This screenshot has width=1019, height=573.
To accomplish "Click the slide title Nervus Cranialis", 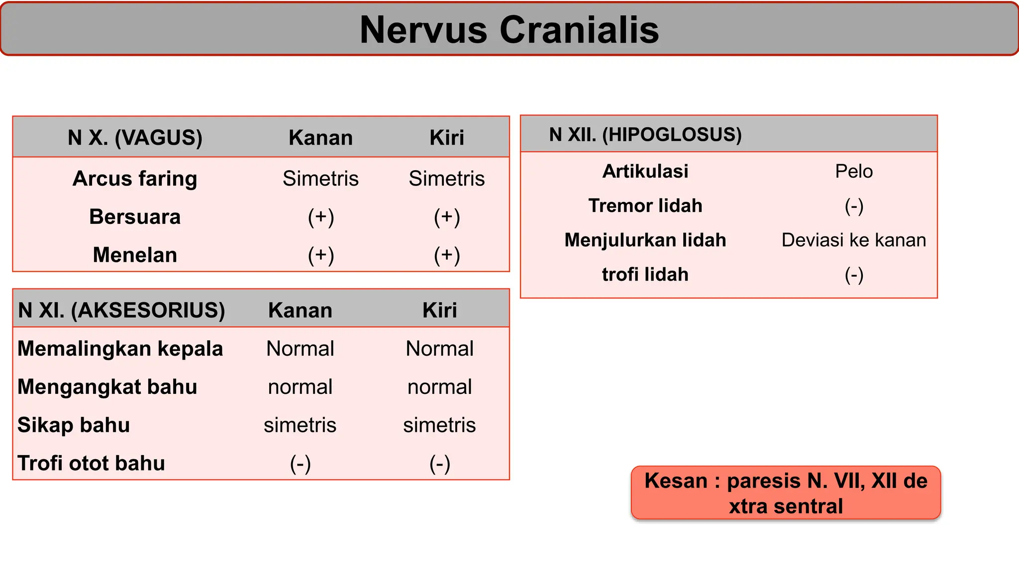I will pyautogui.click(x=509, y=30).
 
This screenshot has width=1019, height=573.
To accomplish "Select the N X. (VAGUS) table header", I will pyautogui.click(x=135, y=137).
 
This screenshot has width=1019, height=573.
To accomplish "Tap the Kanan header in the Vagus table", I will pyautogui.click(x=320, y=137).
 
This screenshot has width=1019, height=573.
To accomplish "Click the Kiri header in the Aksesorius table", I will pyautogui.click(x=439, y=310).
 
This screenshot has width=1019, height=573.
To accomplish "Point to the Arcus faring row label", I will pyautogui.click(x=135, y=179).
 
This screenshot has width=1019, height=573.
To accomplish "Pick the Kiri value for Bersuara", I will pyautogui.click(x=447, y=217).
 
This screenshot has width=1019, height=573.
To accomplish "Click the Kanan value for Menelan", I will pyautogui.click(x=320, y=255).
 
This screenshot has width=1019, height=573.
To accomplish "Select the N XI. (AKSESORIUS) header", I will pyautogui.click(x=121, y=310).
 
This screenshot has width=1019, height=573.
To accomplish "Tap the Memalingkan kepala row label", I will pyautogui.click(x=120, y=348).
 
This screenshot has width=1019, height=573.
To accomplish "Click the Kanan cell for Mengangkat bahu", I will pyautogui.click(x=300, y=386).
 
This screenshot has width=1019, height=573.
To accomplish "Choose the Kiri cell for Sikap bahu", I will pyautogui.click(x=439, y=425).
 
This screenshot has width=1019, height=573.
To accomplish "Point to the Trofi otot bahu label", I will pyautogui.click(x=91, y=463).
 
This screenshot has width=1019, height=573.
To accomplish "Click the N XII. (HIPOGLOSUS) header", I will pyautogui.click(x=645, y=134).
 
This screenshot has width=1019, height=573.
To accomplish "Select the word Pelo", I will pyautogui.click(x=854, y=171).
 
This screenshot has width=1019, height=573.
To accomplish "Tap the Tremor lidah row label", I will pyautogui.click(x=645, y=205).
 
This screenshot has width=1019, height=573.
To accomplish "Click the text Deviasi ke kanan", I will pyautogui.click(x=854, y=240).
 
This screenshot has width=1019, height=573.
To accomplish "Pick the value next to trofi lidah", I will pyautogui.click(x=854, y=275).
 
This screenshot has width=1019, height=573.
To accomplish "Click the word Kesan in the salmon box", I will pyautogui.click(x=676, y=481).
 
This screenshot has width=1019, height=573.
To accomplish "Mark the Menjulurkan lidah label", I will pyautogui.click(x=645, y=240).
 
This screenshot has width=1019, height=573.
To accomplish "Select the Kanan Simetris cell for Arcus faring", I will pyautogui.click(x=320, y=179).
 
